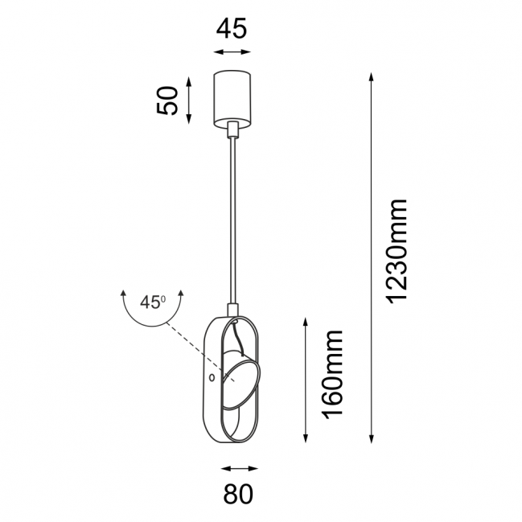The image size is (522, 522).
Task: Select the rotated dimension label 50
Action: (x=166, y=101)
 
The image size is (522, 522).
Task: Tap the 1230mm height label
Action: (x=397, y=251)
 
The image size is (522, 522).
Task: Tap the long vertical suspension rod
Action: (x=234, y=217)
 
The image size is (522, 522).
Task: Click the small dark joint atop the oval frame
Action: (x=234, y=310)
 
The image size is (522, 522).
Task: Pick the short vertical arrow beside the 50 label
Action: (x=189, y=101)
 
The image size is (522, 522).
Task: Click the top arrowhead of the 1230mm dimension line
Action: (x=372, y=76)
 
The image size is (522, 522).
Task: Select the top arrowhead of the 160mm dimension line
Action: (x=306, y=321)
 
